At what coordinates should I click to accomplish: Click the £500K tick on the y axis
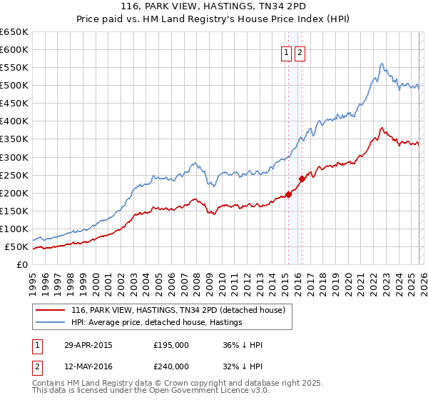click(14, 86)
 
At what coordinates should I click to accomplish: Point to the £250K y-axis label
click(14, 175)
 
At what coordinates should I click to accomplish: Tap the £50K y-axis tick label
click(16, 247)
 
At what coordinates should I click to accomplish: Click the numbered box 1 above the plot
click(286, 52)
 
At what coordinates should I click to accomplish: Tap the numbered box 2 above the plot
click(299, 52)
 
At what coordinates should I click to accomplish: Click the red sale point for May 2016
click(302, 179)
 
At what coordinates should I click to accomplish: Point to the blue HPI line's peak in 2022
click(382, 64)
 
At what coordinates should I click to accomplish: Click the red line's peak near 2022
click(382, 129)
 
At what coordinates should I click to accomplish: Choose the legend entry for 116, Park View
click(178, 310)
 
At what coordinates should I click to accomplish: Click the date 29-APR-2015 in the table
click(88, 345)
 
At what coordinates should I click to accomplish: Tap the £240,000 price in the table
click(171, 366)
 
